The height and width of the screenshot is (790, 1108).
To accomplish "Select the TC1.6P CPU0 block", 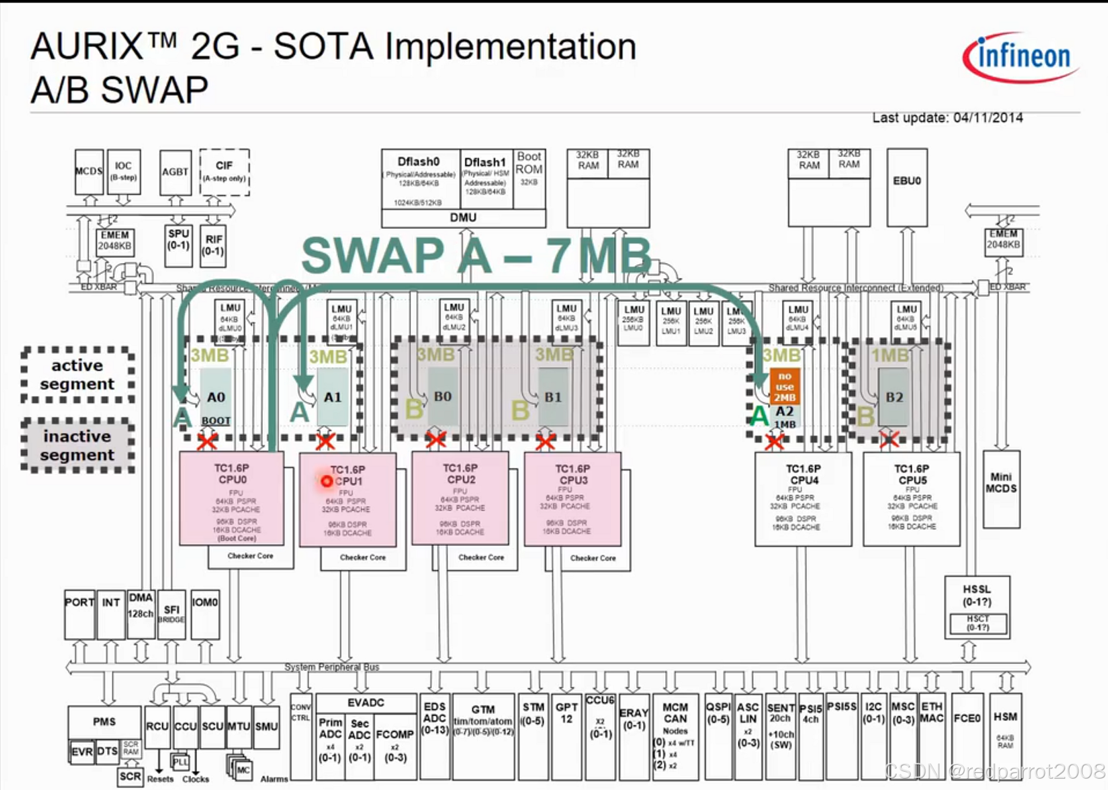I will [231, 498].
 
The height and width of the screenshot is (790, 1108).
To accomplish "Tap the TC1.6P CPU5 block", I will [911, 498].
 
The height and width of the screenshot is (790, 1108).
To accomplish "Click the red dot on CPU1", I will [326, 481].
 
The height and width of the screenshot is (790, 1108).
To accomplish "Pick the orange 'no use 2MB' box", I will [784, 386].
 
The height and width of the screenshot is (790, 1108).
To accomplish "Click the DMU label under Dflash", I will [463, 218].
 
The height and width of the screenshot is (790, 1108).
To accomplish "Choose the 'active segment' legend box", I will [78, 375].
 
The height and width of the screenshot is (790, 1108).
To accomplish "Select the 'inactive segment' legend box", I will [78, 446].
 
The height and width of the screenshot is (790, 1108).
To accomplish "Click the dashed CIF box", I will [225, 172].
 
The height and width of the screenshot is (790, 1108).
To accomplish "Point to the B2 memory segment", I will [894, 397].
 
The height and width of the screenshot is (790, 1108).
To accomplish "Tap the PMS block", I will [104, 722].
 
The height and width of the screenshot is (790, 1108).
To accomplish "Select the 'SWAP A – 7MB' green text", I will [476, 255].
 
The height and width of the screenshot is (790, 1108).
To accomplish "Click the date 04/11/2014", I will [988, 118].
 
